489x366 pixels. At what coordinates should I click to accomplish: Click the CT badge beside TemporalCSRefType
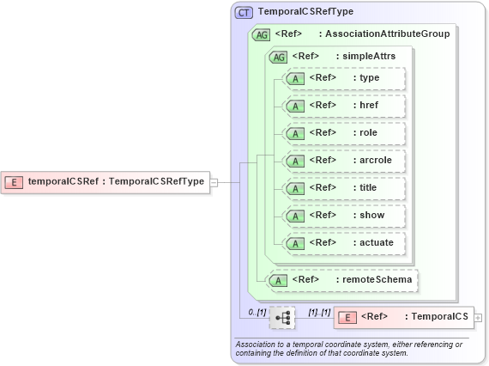[x=244, y=13]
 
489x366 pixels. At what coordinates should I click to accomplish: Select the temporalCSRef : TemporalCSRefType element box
[x=107, y=181]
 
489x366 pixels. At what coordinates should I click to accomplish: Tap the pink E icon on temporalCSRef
[x=15, y=181]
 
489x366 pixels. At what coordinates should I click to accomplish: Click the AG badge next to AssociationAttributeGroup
[x=259, y=34]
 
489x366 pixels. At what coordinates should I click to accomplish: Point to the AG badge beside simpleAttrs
[x=278, y=57]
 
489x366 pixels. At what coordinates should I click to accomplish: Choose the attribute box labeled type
[x=343, y=78]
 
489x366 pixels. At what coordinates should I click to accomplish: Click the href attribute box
[x=343, y=106]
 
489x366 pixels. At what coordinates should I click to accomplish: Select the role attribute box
[x=343, y=133]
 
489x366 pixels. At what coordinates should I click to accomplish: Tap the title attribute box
[x=343, y=188]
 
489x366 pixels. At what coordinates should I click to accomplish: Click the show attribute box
[x=343, y=216]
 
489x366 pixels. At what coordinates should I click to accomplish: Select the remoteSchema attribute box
[x=344, y=279]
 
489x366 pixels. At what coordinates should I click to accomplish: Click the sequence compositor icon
[x=282, y=317]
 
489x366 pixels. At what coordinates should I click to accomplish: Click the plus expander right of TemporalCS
[x=478, y=317]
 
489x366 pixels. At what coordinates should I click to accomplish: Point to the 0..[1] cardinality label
[x=257, y=311]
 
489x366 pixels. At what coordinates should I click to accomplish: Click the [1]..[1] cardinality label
[x=319, y=311]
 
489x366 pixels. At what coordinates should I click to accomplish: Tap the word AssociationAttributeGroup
[x=387, y=34]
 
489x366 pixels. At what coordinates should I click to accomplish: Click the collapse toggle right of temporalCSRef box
[x=214, y=181]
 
